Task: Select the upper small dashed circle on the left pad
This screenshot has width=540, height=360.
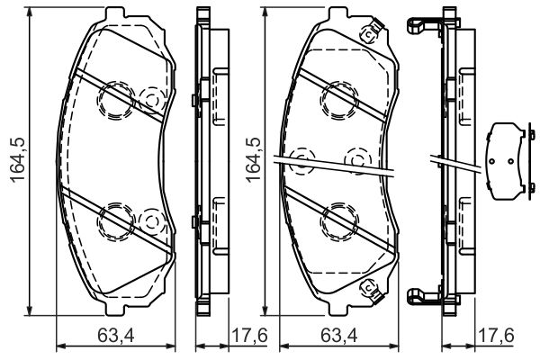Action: pos(152,97)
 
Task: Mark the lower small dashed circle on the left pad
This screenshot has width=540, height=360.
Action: pos(152,219)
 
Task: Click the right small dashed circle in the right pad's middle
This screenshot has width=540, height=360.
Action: pos(359,160)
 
